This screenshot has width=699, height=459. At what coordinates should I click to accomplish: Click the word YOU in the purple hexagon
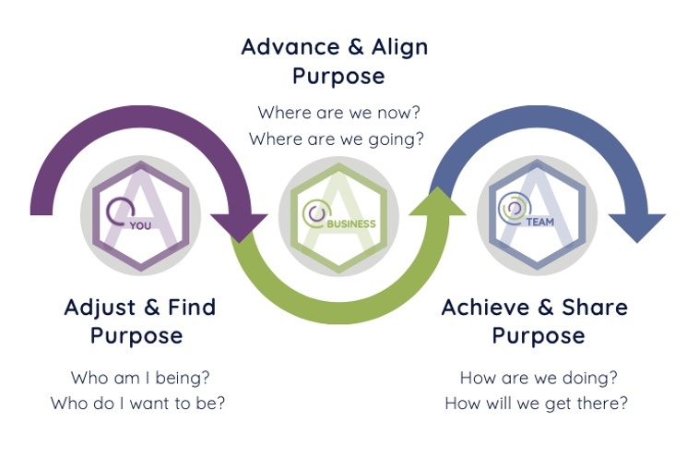(141, 223)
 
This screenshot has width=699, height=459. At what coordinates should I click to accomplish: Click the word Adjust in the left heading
(100, 308)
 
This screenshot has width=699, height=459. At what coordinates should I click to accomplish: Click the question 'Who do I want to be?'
(137, 404)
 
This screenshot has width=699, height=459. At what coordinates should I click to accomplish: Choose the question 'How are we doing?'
(539, 378)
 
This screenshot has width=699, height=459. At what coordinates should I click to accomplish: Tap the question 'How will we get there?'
(538, 404)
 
